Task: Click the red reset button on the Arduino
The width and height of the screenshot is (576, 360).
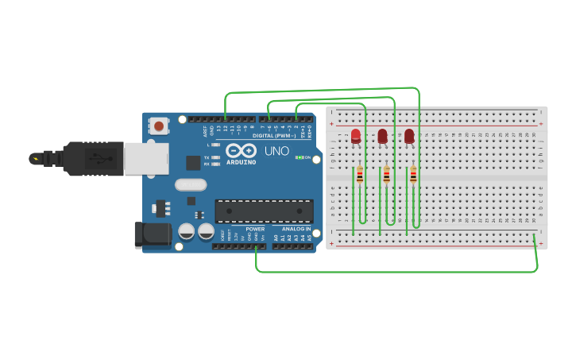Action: coord(160,126)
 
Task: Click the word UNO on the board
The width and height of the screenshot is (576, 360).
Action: coord(276,151)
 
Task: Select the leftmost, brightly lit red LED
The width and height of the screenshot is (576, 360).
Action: coord(355,135)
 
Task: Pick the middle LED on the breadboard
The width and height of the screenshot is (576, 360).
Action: coord(382,136)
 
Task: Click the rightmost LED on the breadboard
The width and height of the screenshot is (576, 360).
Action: coord(409,136)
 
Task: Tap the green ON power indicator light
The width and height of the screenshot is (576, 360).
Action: coord(300,157)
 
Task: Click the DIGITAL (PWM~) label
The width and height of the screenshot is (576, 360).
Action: coord(274,136)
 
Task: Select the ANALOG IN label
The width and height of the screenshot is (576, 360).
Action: coord(296,229)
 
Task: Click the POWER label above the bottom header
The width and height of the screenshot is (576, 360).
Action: coord(254,229)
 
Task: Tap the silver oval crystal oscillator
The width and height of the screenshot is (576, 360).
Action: coord(191,185)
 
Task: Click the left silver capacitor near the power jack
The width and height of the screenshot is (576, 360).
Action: coord(186,231)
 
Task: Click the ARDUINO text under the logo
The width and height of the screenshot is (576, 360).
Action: coord(241,162)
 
